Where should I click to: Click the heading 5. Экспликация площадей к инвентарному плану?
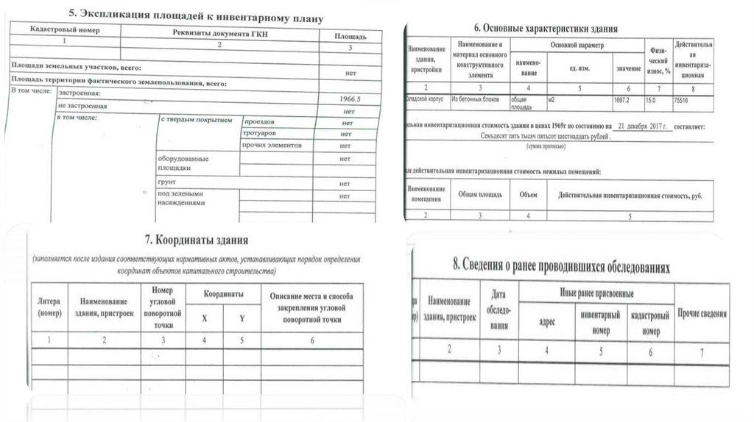[x=195, y=15]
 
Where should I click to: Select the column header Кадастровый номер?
[x=65, y=32]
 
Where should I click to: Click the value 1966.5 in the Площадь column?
[x=350, y=98]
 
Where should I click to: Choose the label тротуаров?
[x=260, y=134]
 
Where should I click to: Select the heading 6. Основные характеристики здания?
[x=546, y=28]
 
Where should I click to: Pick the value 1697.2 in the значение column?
[x=622, y=99]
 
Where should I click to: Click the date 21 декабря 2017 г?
[x=643, y=126]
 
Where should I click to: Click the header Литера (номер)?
[x=49, y=307]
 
